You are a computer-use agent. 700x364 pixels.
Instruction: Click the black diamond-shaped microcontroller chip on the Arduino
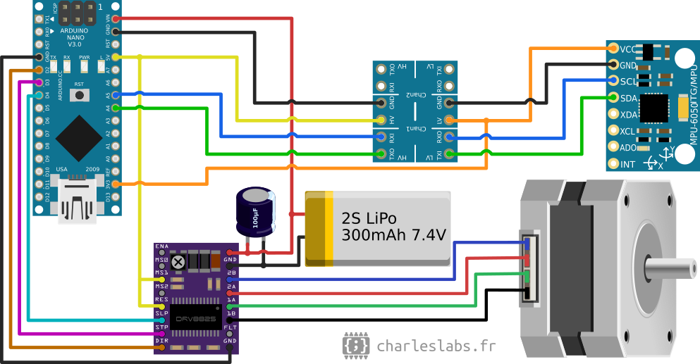coord(78,137)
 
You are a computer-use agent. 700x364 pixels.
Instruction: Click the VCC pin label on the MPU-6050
coord(628,49)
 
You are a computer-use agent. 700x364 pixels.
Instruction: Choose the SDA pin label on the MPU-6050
coord(629,98)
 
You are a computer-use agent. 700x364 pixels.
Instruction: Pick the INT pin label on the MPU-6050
coord(627,164)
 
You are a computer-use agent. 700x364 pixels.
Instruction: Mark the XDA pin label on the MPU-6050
coord(629,114)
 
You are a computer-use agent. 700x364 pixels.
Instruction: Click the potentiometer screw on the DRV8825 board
coord(178,262)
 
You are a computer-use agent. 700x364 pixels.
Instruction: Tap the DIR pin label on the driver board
coord(161,341)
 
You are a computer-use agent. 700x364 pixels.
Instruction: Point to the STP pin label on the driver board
coord(161,327)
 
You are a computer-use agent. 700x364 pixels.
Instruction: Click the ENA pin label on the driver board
coord(161,246)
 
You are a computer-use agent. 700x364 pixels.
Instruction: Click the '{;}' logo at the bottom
coord(356,345)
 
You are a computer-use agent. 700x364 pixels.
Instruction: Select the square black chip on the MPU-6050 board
coord(653,106)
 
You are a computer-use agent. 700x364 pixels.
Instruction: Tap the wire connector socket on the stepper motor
coord(529,268)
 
